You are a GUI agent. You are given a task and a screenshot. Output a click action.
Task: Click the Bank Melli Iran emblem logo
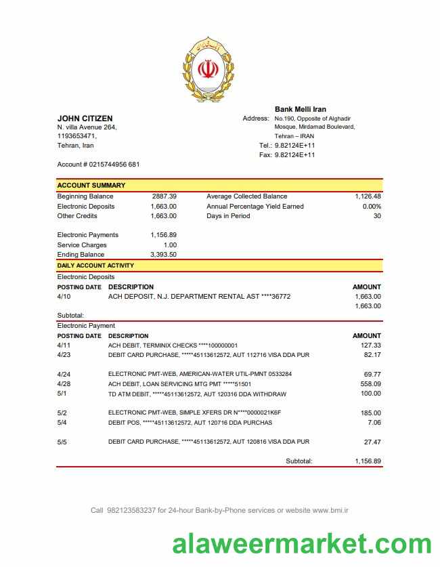pyautogui.click(x=208, y=70)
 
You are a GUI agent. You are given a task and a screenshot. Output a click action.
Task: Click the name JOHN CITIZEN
pyautogui.click(x=85, y=119)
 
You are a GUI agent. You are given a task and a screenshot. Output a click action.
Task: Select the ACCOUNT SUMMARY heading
pyautogui.click(x=91, y=185)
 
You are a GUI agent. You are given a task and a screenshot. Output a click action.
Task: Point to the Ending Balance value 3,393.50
pyautogui.click(x=163, y=255)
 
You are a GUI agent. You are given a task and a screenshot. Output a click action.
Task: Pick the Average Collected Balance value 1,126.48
pyautogui.click(x=368, y=196)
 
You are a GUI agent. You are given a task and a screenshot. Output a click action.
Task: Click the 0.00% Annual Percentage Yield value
pyautogui.click(x=372, y=206)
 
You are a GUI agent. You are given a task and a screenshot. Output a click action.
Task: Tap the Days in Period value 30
pyautogui.click(x=377, y=216)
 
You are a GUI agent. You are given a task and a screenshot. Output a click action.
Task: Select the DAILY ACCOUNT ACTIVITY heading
pyautogui.click(x=95, y=266)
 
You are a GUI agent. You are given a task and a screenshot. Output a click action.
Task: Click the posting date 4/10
pyautogui.click(x=64, y=296)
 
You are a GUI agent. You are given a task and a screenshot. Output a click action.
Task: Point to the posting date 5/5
pyautogui.click(x=63, y=442)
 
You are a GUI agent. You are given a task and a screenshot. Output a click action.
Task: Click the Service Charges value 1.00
pyautogui.click(x=170, y=245)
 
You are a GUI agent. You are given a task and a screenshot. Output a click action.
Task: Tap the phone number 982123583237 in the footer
pyautogui.click(x=131, y=510)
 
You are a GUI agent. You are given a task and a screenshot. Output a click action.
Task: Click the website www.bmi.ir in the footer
pyautogui.click(x=330, y=510)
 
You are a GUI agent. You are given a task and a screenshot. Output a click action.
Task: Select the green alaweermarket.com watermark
pyautogui.click(x=301, y=544)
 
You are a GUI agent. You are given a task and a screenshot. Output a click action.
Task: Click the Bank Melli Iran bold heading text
pyautogui.click(x=300, y=109)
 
